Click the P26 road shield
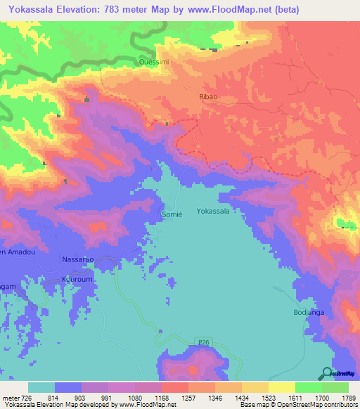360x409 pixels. coord(204,342)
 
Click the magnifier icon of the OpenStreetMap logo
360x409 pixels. coord(327,373)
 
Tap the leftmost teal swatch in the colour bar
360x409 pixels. coord(41,387)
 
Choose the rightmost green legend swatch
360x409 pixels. coord(335,387)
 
